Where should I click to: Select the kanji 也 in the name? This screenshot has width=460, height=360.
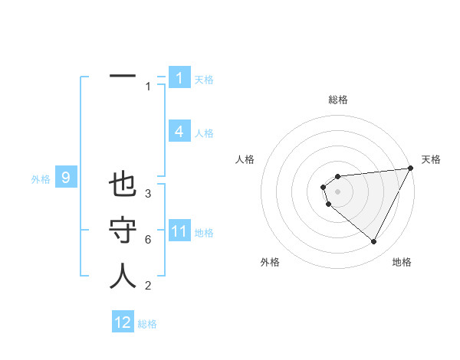click(123, 185)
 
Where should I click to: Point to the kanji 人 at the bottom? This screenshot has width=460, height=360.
click(123, 276)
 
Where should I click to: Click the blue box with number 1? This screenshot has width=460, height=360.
click(179, 78)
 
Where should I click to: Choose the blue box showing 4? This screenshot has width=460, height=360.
click(179, 132)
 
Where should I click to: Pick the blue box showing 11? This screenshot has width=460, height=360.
click(179, 231)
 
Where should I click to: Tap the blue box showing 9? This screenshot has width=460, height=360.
click(66, 178)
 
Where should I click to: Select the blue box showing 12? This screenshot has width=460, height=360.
click(123, 322)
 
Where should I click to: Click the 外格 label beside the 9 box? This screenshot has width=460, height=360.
click(41, 179)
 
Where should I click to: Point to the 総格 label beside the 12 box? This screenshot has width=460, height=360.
click(147, 324)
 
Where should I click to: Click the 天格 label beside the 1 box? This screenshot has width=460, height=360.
click(204, 79)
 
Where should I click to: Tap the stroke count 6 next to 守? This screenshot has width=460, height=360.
click(148, 240)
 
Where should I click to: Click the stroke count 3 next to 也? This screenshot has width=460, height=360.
click(148, 194)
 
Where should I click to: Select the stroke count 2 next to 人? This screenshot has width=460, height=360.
click(148, 286)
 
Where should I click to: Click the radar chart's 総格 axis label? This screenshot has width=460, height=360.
click(338, 100)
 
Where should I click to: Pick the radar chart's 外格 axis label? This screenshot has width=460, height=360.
click(270, 262)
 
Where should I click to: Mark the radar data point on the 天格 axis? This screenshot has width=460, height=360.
click(410, 169)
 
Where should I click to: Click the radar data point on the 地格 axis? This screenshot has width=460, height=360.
click(373, 242)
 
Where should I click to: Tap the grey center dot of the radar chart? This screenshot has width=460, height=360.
click(338, 191)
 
